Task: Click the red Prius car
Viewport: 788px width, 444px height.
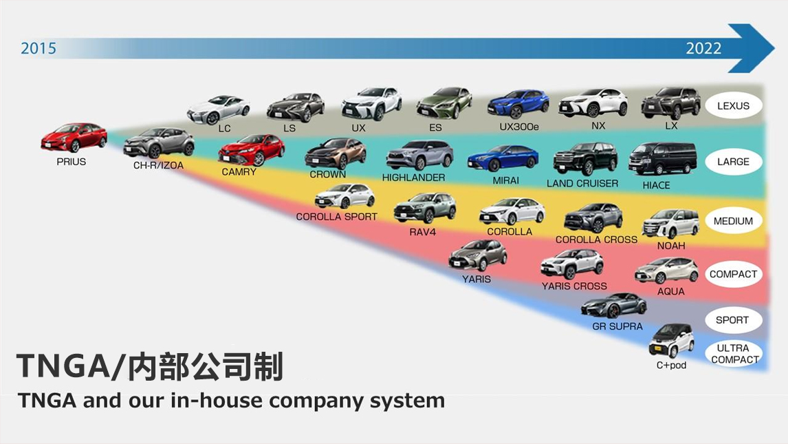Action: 74,138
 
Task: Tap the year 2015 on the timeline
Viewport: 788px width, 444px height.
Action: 39,48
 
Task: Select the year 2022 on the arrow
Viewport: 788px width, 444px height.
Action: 703,48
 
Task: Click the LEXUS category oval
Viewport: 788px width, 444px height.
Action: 733,106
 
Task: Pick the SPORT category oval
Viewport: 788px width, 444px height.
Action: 732,320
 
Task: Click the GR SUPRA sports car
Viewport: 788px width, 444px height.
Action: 613,305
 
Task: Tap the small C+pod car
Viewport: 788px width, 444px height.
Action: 671,340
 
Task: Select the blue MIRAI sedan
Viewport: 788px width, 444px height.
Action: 503,159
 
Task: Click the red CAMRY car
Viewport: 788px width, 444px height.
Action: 251,149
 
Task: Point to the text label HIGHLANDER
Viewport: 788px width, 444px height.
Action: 413,178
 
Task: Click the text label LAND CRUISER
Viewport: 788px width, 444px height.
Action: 582,183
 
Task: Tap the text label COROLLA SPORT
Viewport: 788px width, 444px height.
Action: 337,217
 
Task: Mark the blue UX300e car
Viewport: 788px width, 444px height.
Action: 518,104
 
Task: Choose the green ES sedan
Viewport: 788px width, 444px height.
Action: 444,103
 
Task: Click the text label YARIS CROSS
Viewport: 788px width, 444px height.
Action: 574,286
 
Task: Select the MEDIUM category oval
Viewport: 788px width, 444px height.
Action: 733,221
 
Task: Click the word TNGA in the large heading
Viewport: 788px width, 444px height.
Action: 58,367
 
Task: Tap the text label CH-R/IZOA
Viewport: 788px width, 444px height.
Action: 158,166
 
